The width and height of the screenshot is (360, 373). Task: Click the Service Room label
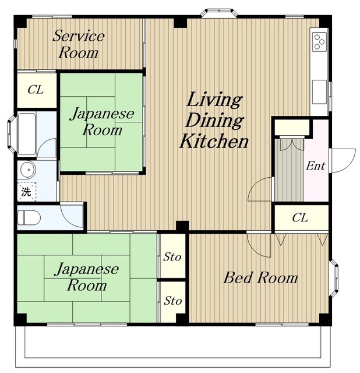(79, 44)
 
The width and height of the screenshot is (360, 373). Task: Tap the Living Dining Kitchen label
(214, 120)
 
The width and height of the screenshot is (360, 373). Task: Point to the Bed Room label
(260, 277)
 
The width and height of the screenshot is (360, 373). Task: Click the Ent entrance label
(315, 166)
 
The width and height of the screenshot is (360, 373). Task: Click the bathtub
(27, 134)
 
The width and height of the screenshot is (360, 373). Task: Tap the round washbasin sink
(28, 170)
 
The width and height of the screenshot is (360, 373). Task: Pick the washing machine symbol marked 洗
(27, 191)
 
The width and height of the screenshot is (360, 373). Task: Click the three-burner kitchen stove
(319, 42)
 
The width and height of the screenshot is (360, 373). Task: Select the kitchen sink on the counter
(319, 92)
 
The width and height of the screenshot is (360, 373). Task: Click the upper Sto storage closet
(172, 256)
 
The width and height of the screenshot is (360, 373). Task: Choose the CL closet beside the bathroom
(36, 90)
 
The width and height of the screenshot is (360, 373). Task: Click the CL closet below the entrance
(301, 217)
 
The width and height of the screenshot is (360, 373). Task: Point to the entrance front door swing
(343, 160)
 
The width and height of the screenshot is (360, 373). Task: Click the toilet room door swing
(72, 216)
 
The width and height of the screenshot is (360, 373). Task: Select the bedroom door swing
(259, 245)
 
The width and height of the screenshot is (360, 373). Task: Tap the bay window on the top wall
(219, 13)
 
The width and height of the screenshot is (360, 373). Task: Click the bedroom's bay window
(334, 277)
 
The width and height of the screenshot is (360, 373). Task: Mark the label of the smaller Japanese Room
(102, 122)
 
